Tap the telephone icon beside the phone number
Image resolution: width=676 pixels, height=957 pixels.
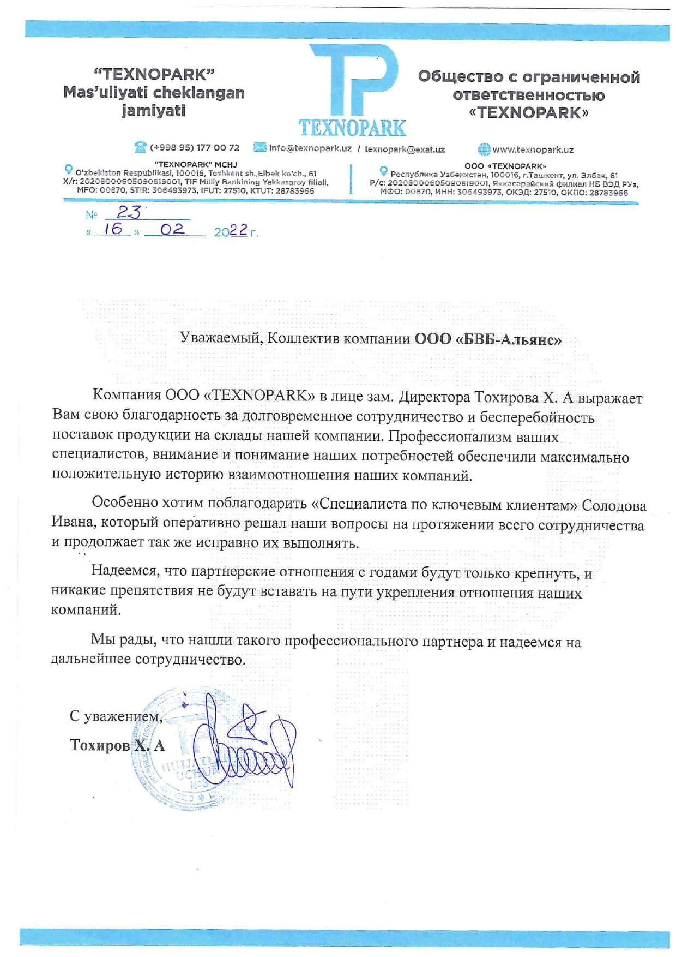(141, 147)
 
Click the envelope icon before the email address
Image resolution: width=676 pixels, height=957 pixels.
(260, 147)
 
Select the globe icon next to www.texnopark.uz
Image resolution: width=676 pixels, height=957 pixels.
(484, 149)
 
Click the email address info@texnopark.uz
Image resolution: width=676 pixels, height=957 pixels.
(310, 148)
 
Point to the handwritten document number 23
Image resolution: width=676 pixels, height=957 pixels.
(129, 212)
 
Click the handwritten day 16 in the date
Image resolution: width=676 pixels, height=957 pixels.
(113, 229)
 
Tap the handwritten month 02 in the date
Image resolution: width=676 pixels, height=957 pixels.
(172, 229)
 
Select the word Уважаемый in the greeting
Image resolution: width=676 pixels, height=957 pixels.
(221, 338)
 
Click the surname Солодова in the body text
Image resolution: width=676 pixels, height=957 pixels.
(614, 506)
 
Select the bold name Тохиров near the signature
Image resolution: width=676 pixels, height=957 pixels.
(100, 745)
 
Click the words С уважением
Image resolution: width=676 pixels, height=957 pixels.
(116, 716)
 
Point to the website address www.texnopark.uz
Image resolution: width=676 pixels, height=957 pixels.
(533, 149)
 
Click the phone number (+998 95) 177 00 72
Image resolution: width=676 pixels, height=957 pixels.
(195, 147)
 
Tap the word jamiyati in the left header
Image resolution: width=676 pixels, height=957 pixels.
(153, 110)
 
